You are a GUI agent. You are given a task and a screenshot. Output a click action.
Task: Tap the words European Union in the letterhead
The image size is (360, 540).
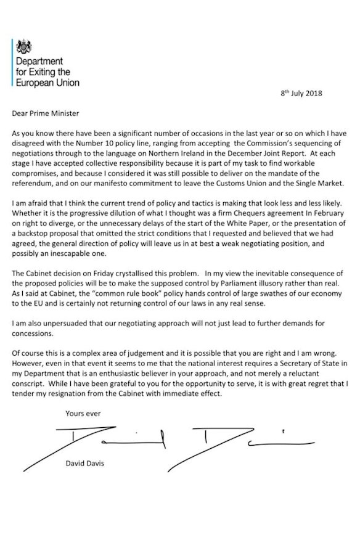click(47, 81)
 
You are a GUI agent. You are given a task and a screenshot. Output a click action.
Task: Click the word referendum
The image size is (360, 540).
click(34, 175)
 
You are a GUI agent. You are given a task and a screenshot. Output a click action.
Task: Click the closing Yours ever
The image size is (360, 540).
click(83, 414)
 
